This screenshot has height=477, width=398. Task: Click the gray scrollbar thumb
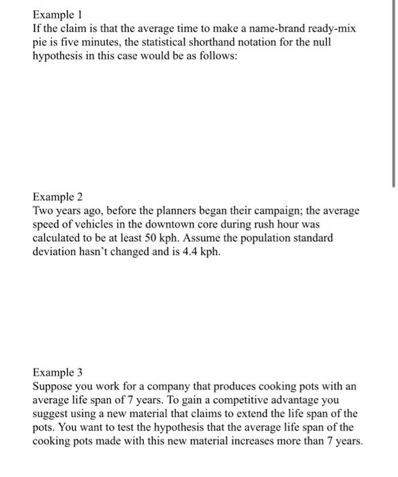(x=394, y=95)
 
